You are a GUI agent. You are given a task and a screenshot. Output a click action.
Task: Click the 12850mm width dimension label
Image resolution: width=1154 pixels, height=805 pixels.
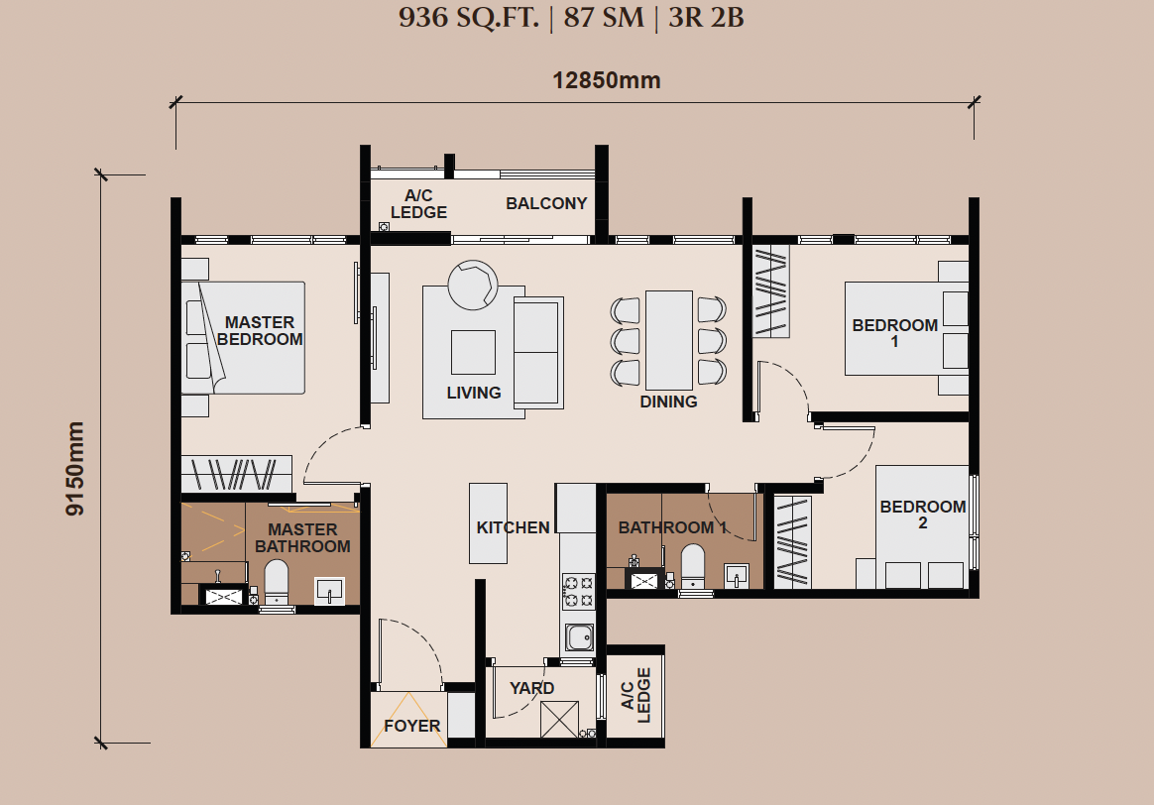coord(607,80)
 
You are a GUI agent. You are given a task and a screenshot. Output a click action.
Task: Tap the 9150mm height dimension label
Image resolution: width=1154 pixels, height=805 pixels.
coord(75,469)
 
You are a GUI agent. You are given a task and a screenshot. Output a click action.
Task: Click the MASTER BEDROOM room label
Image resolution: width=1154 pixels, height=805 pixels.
coord(260,331)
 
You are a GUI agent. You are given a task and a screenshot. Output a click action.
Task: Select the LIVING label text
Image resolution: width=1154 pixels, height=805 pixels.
coord(473,393)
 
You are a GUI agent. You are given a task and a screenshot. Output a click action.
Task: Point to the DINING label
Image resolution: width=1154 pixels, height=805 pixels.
coord(668,402)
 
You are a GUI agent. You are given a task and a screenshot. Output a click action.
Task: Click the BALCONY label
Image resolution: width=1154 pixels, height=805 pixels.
coord(546,203)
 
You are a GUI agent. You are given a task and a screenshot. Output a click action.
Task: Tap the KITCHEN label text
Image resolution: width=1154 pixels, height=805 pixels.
coord(513,527)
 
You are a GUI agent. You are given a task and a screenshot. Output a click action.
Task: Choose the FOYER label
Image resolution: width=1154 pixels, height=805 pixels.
coord(412,726)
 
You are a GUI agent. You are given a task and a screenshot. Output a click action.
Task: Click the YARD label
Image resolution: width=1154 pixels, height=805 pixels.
coord(532,688)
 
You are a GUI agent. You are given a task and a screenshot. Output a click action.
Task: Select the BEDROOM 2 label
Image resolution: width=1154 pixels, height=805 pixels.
coord(923,515)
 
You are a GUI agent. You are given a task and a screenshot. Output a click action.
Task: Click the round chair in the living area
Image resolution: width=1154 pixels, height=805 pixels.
coord(473,285)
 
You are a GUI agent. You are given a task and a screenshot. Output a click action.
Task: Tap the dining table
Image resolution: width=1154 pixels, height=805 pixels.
coord(669,340)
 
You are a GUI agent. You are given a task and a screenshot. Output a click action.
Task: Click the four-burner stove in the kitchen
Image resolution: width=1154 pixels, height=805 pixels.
coord(578,592)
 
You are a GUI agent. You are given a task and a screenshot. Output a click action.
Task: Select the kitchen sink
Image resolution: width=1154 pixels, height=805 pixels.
coord(579,637)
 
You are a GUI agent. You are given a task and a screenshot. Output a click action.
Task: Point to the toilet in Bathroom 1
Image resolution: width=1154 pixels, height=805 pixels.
coord(693,566)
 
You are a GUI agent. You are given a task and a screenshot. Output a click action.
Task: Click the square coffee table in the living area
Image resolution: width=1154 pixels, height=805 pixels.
coord(473,353)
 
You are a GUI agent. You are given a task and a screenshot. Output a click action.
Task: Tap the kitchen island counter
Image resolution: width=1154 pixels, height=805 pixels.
coord(488,523)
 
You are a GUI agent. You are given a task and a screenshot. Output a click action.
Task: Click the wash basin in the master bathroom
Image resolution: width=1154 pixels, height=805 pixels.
coord(329,590)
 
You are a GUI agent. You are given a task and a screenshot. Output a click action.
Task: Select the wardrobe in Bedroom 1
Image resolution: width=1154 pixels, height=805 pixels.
coord(770,291)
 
